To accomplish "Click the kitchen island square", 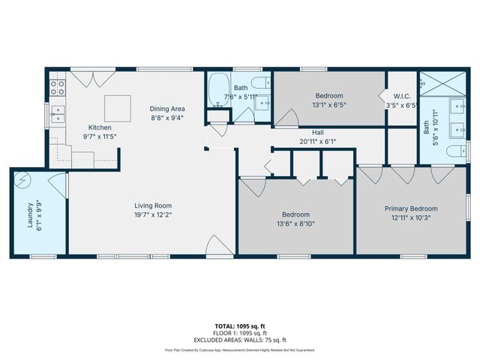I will (117, 108).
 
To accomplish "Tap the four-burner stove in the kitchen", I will (57, 88).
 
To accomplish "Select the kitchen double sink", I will (57, 115).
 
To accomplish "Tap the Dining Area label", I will (166, 108).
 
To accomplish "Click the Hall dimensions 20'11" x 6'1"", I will (318, 140).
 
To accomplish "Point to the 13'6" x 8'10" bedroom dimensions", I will (296, 221).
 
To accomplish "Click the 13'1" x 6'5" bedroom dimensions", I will (328, 105).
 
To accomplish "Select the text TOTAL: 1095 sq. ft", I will (240, 326).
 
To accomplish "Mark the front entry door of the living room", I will (216, 246).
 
